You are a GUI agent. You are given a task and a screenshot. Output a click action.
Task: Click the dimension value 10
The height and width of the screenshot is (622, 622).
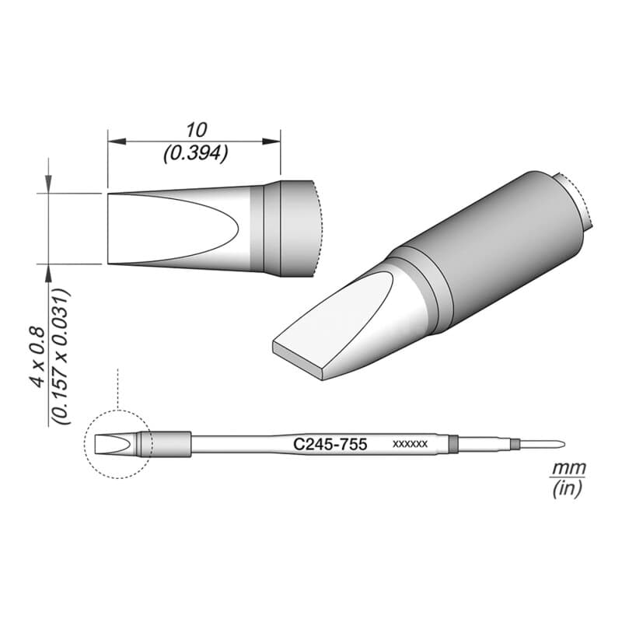pyautogui.click(x=197, y=131)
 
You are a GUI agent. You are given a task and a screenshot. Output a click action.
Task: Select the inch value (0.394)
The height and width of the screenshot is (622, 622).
pyautogui.click(x=196, y=153)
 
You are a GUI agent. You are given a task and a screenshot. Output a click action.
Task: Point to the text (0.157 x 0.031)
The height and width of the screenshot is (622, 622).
pyautogui.click(x=61, y=357)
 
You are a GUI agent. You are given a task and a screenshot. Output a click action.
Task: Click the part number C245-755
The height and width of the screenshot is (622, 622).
pyautogui.click(x=330, y=444)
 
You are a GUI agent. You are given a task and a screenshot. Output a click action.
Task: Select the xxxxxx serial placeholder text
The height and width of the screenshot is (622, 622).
pyautogui.click(x=410, y=444)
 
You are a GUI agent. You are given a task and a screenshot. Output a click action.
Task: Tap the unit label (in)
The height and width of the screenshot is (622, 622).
pyautogui.click(x=568, y=488)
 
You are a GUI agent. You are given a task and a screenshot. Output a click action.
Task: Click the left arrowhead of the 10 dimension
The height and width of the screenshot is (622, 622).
pyautogui.click(x=117, y=142)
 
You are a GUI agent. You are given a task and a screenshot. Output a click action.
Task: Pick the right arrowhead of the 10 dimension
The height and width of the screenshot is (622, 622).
pyautogui.click(x=271, y=142)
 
